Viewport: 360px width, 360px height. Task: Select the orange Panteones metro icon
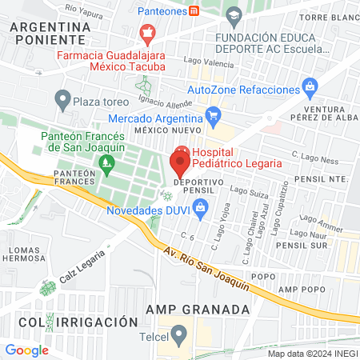[x=194, y=11]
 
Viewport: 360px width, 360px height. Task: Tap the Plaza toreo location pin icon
[x=62, y=101]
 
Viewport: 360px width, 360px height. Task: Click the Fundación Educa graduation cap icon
[x=233, y=15]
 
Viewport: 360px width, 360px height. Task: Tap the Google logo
[x=26, y=350]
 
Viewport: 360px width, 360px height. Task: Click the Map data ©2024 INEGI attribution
[x=312, y=354]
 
